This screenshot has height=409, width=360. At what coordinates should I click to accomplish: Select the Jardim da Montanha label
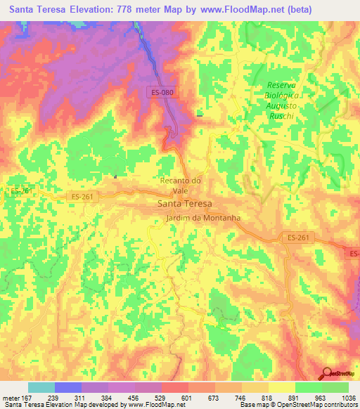(204, 218)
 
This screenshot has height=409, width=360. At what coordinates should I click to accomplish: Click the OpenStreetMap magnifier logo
(328, 372)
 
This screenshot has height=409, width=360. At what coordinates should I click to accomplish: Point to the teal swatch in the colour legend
(41, 387)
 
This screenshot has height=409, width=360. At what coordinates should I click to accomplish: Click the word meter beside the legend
(11, 398)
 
